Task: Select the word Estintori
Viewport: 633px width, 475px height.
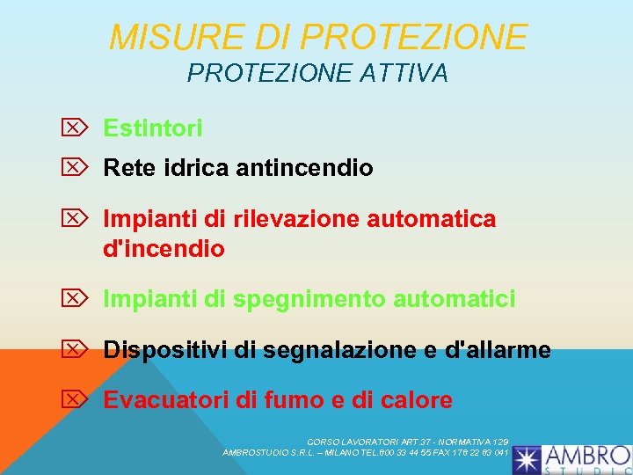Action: pyautogui.click(x=153, y=128)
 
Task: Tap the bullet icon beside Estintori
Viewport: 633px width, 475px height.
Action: pyautogui.click(x=76, y=128)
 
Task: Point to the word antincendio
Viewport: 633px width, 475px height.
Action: pyautogui.click(x=304, y=167)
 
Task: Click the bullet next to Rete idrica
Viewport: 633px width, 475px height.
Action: pyautogui.click(x=76, y=166)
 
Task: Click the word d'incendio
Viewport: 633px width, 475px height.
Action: pyautogui.click(x=164, y=249)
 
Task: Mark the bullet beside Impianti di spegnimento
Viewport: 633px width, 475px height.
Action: pyautogui.click(x=76, y=299)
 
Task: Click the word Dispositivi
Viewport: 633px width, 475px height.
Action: pyautogui.click(x=165, y=350)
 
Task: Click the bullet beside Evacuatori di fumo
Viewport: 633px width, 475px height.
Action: pyautogui.click(x=76, y=399)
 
